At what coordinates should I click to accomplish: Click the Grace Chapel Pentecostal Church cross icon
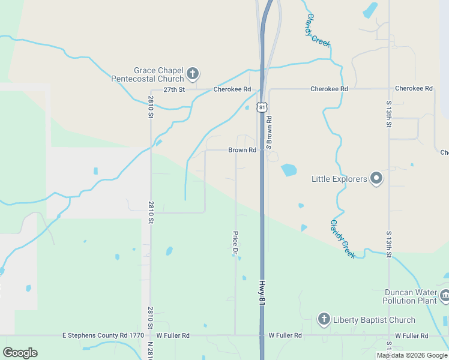[x=193, y=74]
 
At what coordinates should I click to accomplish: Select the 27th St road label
[x=173, y=89]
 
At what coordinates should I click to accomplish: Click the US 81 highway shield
[x=262, y=107]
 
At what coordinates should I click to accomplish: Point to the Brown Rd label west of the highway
[x=242, y=150]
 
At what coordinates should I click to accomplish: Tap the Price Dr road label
[x=235, y=242]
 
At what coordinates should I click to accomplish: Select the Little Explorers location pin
[x=376, y=178]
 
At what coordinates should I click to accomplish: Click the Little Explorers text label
[x=339, y=179]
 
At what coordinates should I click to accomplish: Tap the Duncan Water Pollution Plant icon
[x=445, y=295]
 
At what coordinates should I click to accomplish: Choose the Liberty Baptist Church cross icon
[x=324, y=319]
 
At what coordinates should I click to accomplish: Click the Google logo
[x=20, y=353]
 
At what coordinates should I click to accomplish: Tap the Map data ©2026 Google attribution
[x=412, y=355]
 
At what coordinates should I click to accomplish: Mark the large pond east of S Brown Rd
[x=289, y=170]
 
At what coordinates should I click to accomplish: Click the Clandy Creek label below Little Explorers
[x=343, y=239]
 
